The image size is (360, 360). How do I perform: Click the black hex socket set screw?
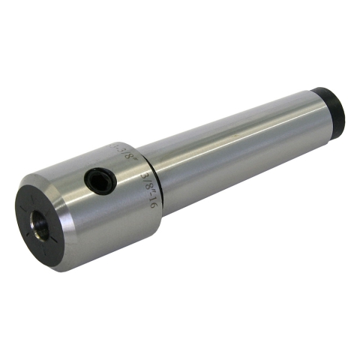[x=99, y=179]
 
